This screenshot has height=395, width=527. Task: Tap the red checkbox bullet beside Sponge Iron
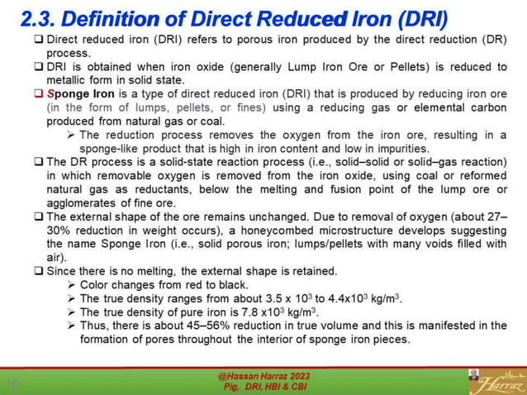[38, 94]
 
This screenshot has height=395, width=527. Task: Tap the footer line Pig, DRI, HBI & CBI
[263, 387]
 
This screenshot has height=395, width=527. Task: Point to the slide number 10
[13, 382]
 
